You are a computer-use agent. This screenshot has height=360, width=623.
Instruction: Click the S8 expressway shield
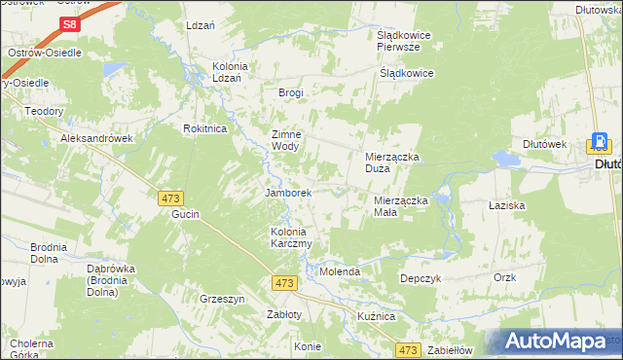(x=68, y=24)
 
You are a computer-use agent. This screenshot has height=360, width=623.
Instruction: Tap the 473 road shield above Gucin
(x=169, y=198)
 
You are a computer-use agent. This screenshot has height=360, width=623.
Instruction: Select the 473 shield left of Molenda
(x=284, y=283)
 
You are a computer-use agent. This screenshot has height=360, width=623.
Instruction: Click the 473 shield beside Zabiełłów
(x=409, y=350)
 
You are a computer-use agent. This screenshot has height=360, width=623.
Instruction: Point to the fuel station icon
(x=601, y=144)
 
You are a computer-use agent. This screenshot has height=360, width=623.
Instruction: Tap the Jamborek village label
(x=288, y=193)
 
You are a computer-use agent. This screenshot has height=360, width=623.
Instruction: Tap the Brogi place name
(x=291, y=93)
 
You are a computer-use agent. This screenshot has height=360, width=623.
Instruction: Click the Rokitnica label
(x=205, y=128)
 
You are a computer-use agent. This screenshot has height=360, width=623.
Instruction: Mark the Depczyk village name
(x=421, y=278)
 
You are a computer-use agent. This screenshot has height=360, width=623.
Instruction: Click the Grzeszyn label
(x=221, y=299)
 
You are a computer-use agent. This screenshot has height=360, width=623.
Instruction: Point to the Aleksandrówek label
(x=95, y=139)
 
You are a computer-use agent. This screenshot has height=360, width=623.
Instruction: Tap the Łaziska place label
(x=506, y=206)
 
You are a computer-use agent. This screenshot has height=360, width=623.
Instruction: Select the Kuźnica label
(x=375, y=317)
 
